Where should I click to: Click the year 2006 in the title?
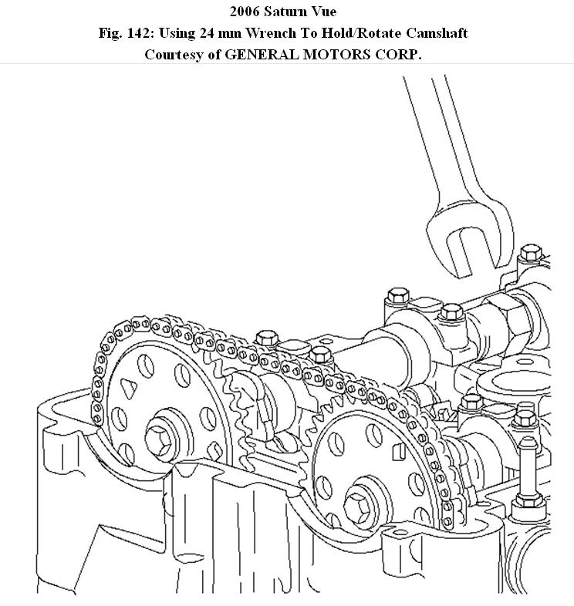[245, 12]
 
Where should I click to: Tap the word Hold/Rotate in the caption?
[360, 33]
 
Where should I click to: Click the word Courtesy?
[173, 55]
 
